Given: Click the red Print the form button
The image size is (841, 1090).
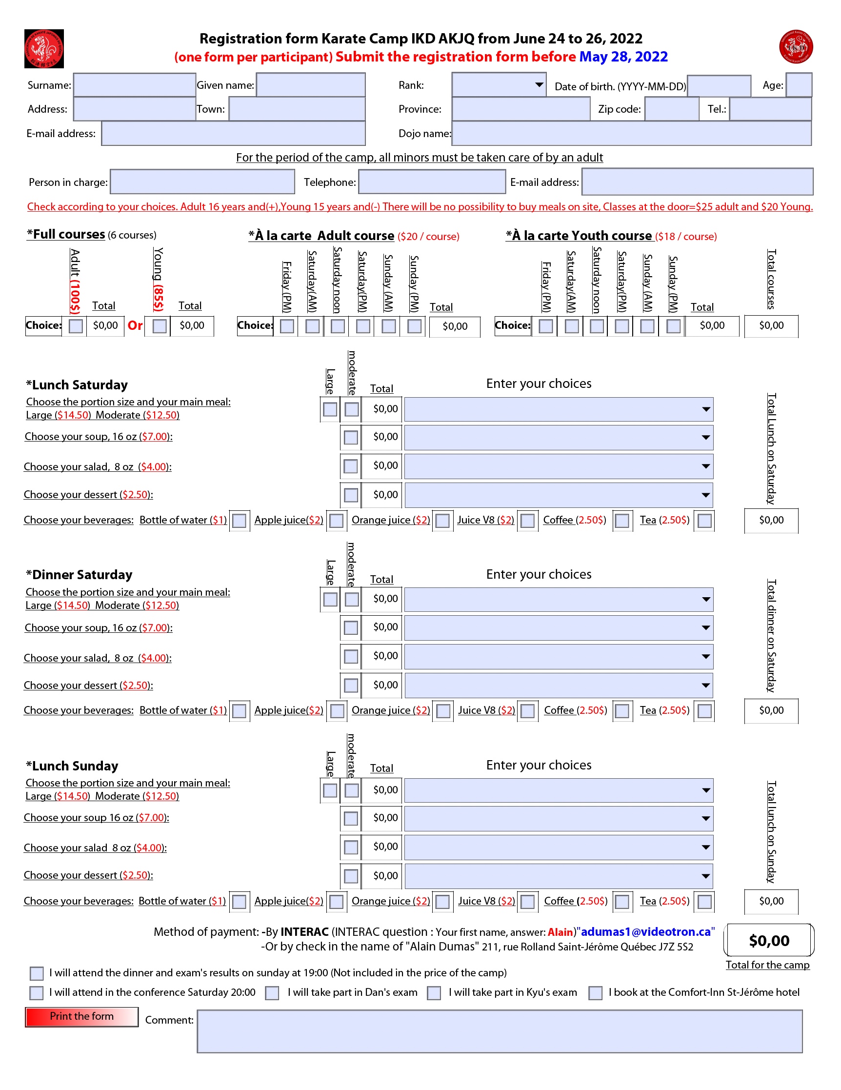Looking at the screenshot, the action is point(81,1016).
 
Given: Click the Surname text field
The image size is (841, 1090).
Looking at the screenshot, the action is point(134,85).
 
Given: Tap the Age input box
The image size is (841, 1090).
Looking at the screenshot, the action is point(799,85).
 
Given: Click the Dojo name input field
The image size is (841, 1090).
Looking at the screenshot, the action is point(631,133).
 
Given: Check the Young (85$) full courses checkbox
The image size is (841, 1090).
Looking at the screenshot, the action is point(160,326).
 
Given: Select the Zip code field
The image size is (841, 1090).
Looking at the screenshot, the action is point(672,109).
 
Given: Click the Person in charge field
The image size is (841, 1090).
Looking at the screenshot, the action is point(202,182).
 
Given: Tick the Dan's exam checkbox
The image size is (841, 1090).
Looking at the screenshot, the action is point(272,993).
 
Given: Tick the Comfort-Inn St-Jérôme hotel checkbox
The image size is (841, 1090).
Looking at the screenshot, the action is point(595,993).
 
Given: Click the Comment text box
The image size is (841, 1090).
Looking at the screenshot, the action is point(500,1031).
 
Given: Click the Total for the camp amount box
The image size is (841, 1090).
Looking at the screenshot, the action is point(769,940).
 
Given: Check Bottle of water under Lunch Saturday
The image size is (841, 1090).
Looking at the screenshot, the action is point(240,521).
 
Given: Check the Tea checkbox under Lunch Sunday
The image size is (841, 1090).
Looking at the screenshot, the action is point(705,902).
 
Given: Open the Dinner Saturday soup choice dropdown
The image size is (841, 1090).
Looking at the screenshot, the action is point(559,628).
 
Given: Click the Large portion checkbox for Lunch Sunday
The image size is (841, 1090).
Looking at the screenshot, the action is point(330,790).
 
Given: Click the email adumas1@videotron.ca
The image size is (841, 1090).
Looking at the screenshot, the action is point(646,932).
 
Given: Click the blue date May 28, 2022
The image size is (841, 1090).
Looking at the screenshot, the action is point(623,57).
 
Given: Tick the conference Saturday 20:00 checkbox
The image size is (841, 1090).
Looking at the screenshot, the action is point(37,993).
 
